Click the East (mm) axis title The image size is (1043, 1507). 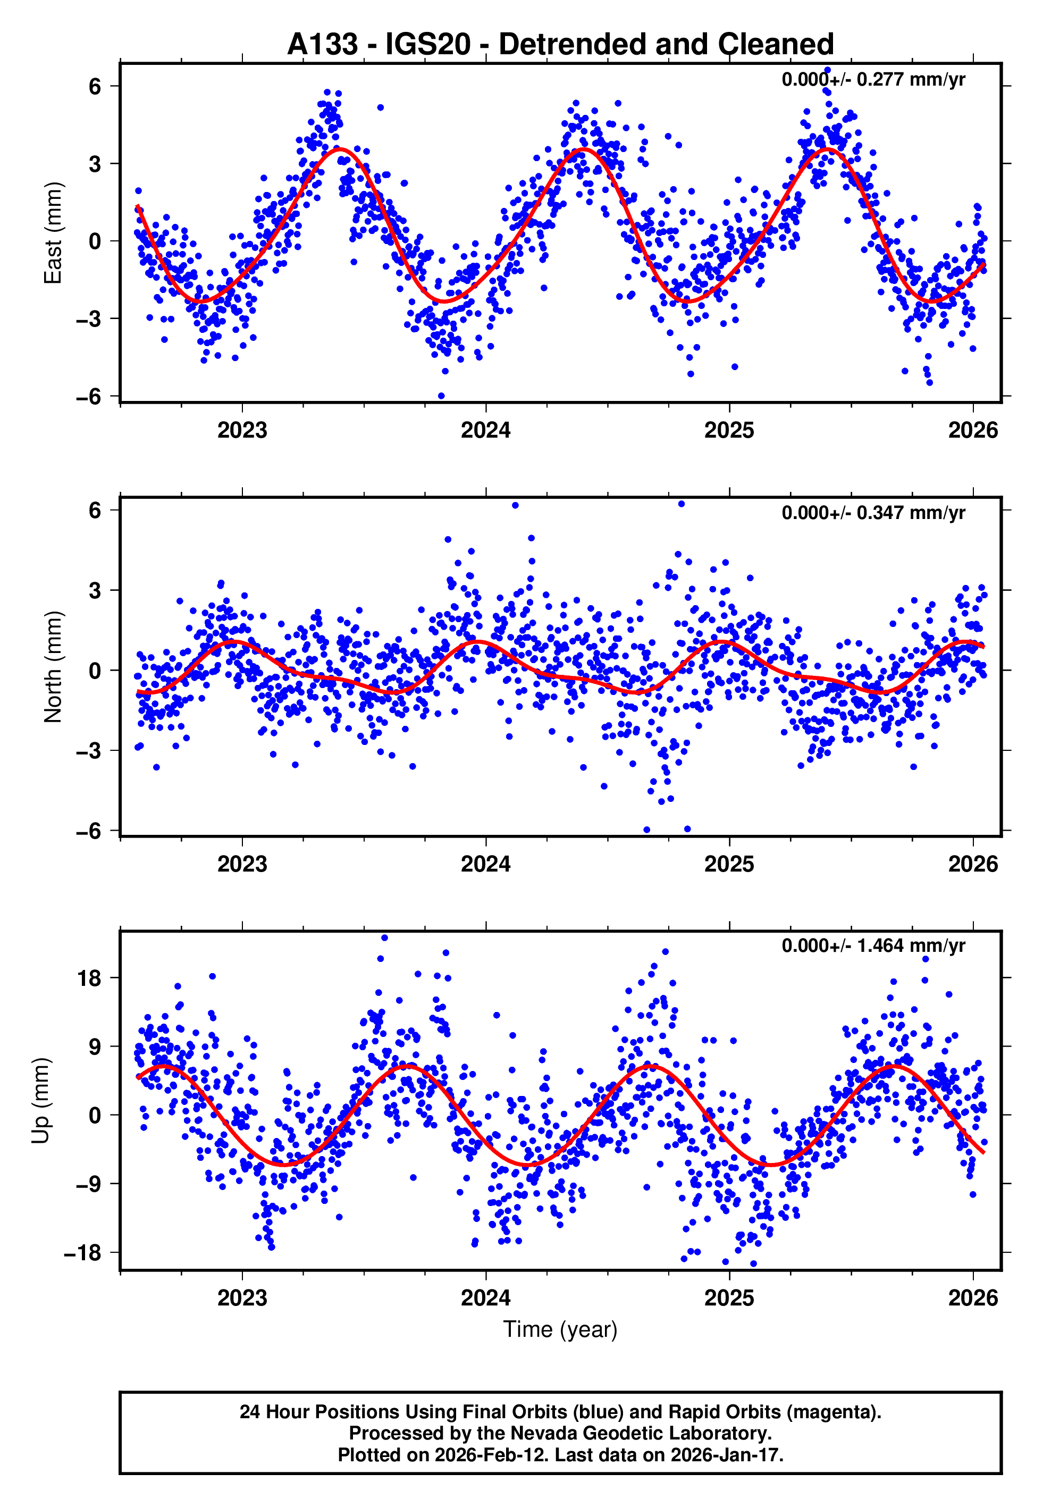pyautogui.click(x=53, y=233)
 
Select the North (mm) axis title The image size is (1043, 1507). pyautogui.click(x=53, y=667)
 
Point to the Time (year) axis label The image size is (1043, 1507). pyautogui.click(x=560, y=1329)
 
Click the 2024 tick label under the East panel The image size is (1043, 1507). pyautogui.click(x=485, y=431)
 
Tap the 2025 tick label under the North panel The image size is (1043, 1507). pyautogui.click(x=729, y=865)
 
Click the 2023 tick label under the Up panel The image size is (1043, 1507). pyautogui.click(x=242, y=1298)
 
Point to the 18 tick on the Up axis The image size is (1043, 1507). pyautogui.click(x=89, y=979)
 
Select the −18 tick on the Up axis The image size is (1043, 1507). pyautogui.click(x=83, y=1253)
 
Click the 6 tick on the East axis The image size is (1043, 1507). pyautogui.click(x=95, y=86)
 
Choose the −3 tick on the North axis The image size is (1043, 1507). pyautogui.click(x=89, y=751)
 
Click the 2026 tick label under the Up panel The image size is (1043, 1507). pyautogui.click(x=973, y=1298)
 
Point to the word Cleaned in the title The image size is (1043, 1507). pyautogui.click(x=776, y=45)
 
